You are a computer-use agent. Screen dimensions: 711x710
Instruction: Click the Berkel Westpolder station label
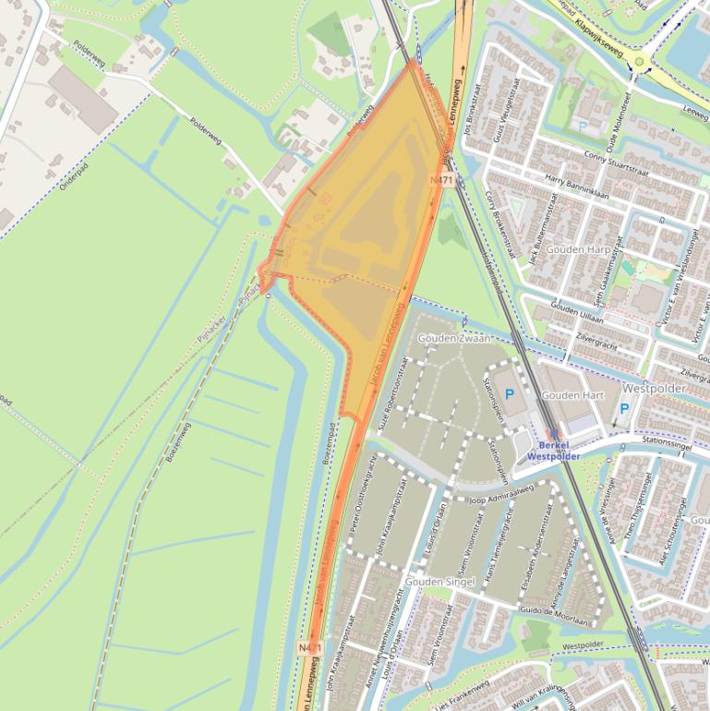(x=554, y=451)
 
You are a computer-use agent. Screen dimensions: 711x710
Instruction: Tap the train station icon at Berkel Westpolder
(x=554, y=432)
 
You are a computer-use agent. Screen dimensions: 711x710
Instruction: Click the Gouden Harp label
(x=578, y=249)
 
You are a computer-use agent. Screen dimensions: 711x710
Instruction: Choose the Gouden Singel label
(x=445, y=582)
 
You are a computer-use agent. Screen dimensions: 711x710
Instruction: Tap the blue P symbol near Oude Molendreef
(x=582, y=125)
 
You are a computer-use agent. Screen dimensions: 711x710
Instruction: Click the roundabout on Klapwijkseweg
(x=639, y=62)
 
